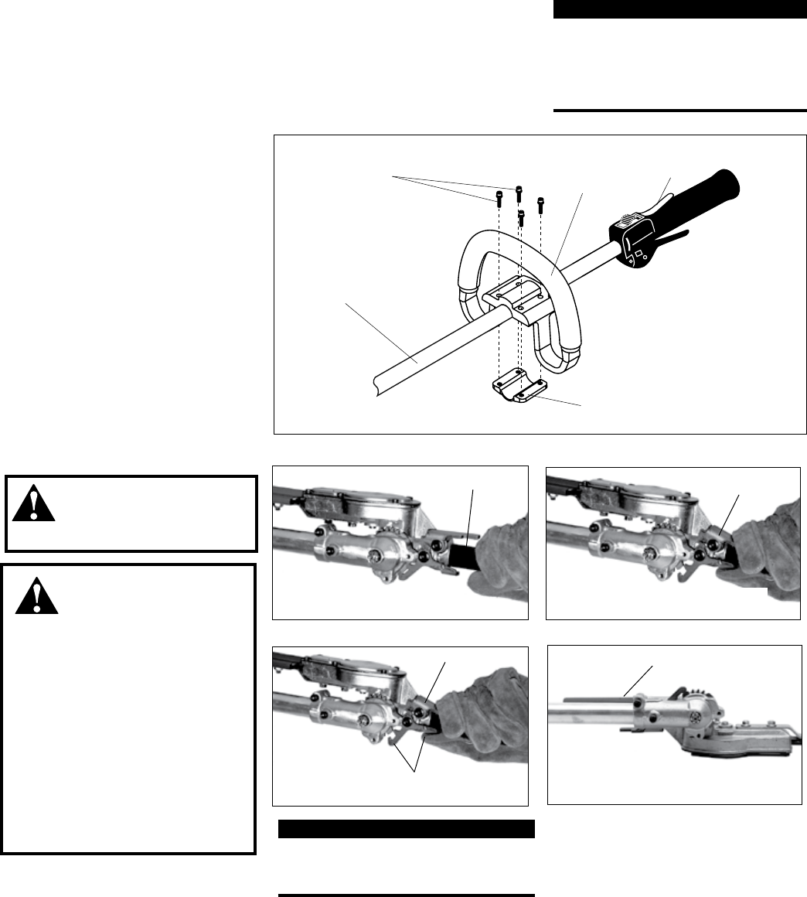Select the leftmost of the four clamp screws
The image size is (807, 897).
coord(498,199)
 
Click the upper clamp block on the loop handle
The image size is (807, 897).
coord(517,292)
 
